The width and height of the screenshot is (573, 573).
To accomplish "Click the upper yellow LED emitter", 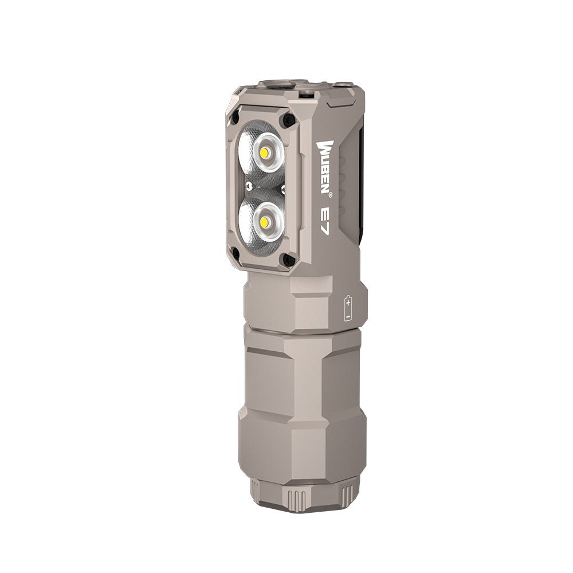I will (265, 154).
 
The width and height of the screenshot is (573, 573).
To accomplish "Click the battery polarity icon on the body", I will (348, 308).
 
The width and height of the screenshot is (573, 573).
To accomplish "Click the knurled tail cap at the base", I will (303, 496).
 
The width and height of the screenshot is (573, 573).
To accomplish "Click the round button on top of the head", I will (279, 85).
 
